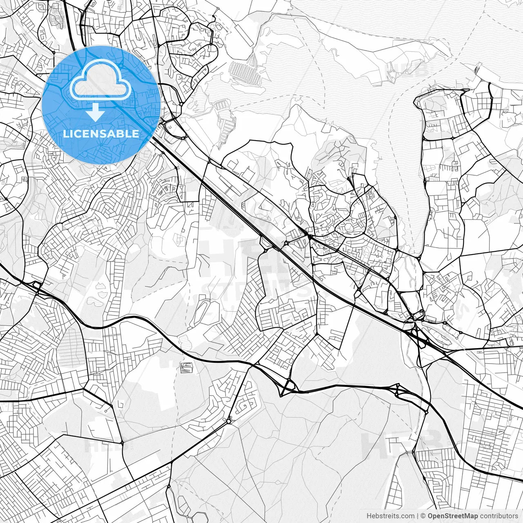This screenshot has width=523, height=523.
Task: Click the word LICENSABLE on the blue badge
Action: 101,134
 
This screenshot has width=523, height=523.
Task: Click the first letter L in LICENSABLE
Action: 65,134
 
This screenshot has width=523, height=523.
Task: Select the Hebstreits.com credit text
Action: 390,516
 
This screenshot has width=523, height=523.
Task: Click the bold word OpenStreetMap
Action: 453,516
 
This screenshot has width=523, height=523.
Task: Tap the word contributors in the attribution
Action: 499,516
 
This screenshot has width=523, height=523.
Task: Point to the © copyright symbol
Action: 423,516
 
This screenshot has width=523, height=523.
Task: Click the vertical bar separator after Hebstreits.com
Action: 417,516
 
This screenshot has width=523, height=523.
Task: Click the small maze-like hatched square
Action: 186,367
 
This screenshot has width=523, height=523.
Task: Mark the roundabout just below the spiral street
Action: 228,420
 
